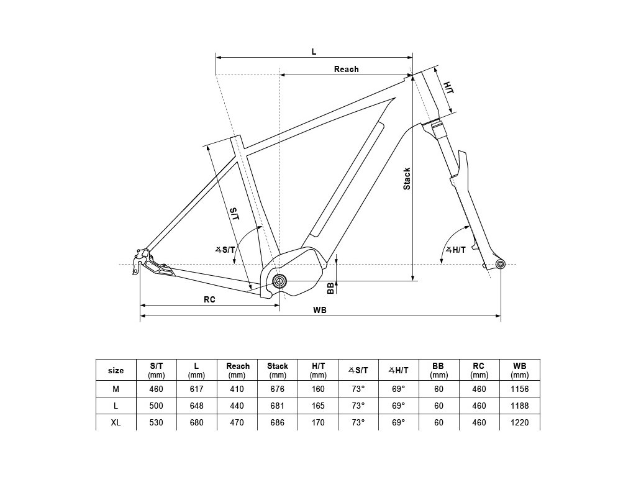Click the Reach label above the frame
click(346, 69)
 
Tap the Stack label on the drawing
click(407, 178)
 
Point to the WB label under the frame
click(320, 310)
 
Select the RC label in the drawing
click(209, 299)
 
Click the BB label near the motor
click(330, 288)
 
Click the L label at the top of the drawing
click(314, 52)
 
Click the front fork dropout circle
click(501, 265)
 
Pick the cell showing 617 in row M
click(196, 389)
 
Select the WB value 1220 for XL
click(519, 422)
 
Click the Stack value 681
click(278, 406)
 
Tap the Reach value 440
click(237, 406)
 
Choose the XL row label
click(116, 422)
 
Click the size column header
click(116, 370)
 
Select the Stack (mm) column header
click(278, 370)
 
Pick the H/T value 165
click(318, 406)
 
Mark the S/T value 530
click(157, 422)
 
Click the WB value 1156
click(519, 389)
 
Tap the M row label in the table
click(116, 389)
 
